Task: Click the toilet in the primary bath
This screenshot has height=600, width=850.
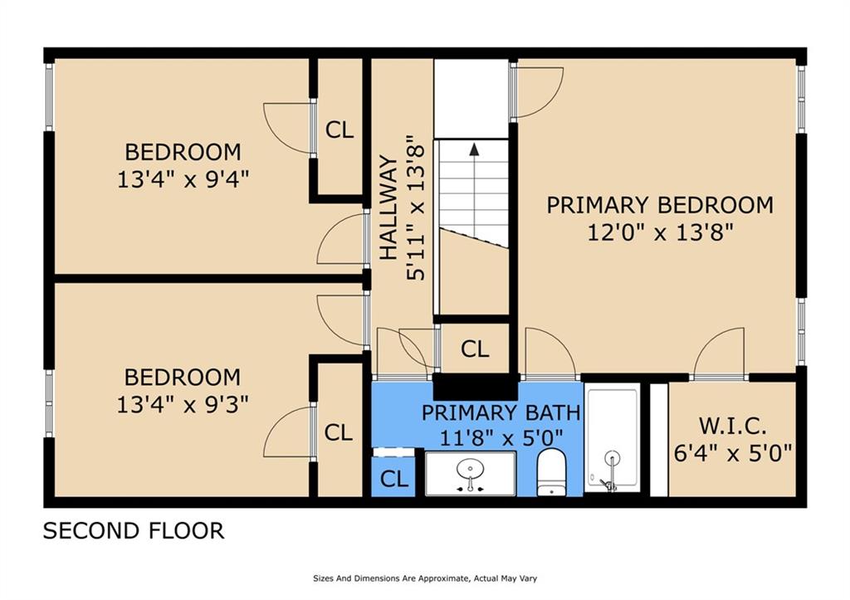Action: coord(552,472)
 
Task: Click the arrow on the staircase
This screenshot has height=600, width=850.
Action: coord(474,150)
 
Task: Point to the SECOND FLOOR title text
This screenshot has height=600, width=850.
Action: coord(134,531)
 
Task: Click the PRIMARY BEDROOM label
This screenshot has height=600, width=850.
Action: coord(660,205)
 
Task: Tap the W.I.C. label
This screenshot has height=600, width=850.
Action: coord(731,427)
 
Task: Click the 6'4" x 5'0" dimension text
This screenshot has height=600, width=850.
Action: coord(731,454)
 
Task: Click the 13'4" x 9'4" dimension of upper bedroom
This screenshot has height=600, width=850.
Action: coord(183,179)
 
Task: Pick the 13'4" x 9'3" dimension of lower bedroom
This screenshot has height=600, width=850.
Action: coord(183,403)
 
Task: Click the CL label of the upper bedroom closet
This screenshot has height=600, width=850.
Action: coord(339,129)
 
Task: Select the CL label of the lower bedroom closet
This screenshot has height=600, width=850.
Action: coord(338,432)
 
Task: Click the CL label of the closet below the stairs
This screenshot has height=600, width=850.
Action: coord(474,349)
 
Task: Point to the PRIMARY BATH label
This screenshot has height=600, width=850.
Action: coord(501,412)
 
